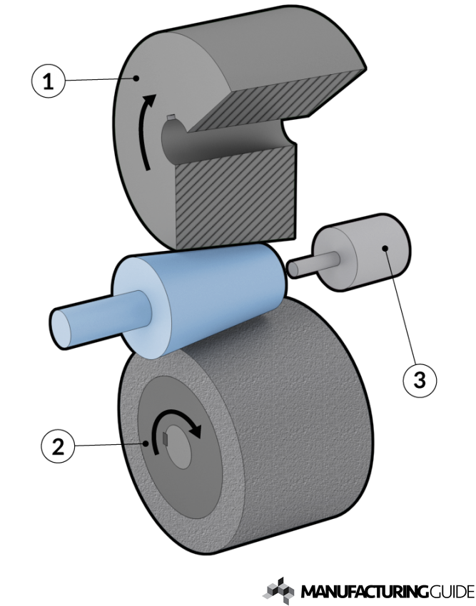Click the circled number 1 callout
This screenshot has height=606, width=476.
pos(48,81)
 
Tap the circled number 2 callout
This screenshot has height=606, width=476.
pos(58,447)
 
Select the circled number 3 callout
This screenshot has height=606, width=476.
pos(420,380)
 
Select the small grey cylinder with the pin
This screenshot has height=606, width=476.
pos(362,252)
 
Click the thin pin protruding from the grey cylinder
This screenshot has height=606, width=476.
pos(313,264)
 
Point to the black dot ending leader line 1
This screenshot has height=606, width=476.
pos(136,78)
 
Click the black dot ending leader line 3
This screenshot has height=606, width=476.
pos(385,247)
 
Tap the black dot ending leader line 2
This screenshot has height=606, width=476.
pos(146,443)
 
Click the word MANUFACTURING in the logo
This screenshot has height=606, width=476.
pos(365,592)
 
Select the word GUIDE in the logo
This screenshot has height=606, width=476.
pos(452,592)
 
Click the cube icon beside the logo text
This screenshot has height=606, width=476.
pos(279,590)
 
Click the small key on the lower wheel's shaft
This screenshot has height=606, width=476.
pos(166,439)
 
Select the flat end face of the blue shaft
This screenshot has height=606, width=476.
pos(62,329)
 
